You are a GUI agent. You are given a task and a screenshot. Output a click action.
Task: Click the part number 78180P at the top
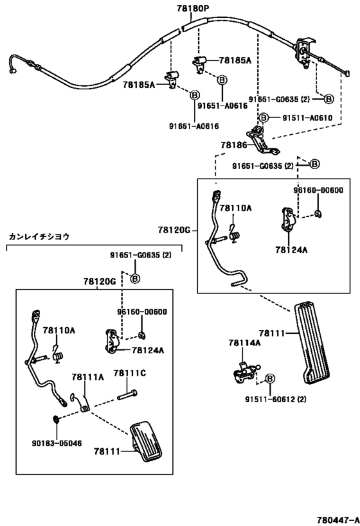193,8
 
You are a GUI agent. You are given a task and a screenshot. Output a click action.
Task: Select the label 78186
234,145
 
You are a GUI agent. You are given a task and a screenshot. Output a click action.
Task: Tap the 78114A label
244,342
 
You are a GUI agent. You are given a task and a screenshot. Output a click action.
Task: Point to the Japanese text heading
39,236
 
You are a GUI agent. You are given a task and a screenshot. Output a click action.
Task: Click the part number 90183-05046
57,443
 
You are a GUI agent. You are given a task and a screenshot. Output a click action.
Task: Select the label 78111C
130,373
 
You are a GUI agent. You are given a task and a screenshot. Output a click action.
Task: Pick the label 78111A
87,378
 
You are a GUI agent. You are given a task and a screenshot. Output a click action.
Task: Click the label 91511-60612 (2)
275,399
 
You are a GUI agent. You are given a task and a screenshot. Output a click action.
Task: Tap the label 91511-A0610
307,118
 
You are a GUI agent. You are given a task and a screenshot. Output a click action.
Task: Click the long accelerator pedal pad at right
312,344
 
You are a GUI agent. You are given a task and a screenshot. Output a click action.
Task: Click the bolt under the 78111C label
128,395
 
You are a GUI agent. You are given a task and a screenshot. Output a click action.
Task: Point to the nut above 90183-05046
56,419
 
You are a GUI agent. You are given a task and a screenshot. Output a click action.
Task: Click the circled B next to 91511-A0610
264,118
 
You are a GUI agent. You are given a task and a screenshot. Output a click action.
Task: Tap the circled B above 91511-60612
270,378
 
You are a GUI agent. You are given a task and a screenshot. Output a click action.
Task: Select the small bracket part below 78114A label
246,373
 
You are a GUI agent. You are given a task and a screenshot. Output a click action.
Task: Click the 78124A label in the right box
291,250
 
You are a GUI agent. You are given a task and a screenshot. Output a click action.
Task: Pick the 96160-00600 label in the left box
141,312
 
